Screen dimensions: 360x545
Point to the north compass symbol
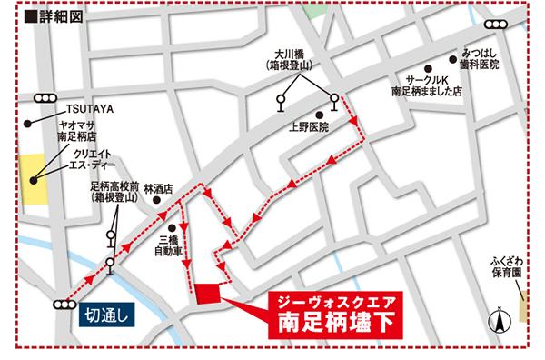point(498,320)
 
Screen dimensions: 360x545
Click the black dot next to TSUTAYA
point(29,122)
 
